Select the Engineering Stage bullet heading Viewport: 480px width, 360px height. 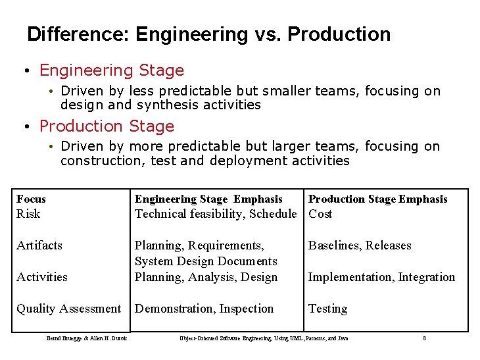tap(112, 70)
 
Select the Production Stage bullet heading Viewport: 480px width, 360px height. tap(107, 126)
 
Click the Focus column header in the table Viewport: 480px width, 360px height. tap(31, 199)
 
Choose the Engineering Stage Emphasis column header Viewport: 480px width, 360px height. tap(208, 199)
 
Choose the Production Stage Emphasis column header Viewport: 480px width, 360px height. tap(377, 199)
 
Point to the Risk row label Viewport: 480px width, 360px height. tap(28, 214)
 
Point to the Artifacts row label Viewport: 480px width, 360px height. tap(39, 245)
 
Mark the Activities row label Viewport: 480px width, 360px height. tap(42, 277)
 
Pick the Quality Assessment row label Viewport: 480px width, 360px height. tap(68, 309)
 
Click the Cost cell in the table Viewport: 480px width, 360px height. tap(320, 214)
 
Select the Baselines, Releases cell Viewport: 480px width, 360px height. tap(360, 245)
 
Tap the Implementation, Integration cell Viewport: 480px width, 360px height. tap(381, 277)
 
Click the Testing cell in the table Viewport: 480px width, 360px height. tap(327, 309)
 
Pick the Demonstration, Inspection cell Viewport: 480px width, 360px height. tap(204, 309)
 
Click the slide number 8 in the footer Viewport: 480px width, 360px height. tap(425, 338)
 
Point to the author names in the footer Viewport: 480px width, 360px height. tap(87, 338)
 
